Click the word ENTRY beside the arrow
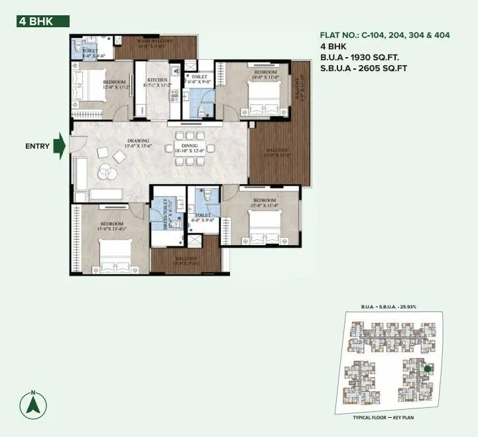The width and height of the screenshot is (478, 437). tap(37, 146)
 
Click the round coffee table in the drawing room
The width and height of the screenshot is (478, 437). tap(104, 171)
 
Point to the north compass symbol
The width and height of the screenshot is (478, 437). tap(32, 404)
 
